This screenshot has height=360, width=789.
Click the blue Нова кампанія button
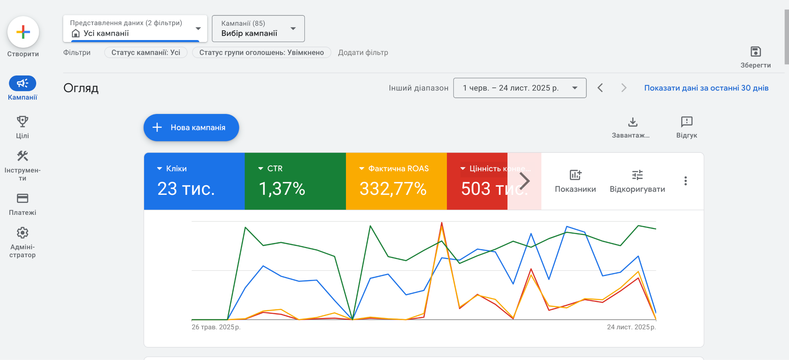(191, 127)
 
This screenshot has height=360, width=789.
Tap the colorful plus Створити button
(23, 32)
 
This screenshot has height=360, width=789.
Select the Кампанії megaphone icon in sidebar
(22, 83)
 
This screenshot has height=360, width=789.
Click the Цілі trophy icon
(22, 122)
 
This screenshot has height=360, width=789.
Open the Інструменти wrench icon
(22, 156)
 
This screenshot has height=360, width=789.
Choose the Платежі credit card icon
(22, 198)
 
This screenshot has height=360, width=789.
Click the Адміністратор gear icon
(22, 233)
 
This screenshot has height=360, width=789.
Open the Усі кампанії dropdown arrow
(198, 28)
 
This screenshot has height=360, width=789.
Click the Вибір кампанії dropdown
(258, 28)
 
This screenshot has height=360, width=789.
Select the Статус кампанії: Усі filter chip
(146, 52)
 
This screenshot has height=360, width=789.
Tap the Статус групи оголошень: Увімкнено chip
(261, 52)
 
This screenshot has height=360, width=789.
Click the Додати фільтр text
(363, 52)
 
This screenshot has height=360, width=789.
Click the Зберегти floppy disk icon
(755, 52)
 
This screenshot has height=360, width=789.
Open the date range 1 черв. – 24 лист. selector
(519, 88)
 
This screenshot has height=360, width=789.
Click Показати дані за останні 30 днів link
(706, 88)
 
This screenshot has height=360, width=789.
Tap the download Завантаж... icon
(633, 122)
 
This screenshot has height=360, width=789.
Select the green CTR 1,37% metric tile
(295, 181)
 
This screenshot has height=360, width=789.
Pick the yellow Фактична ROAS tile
(396, 181)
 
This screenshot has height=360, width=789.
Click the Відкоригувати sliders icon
(637, 175)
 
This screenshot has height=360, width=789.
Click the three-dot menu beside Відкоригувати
(685, 181)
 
